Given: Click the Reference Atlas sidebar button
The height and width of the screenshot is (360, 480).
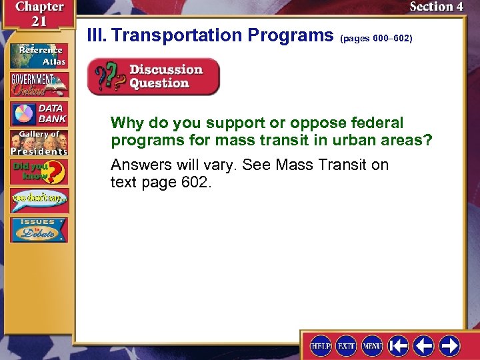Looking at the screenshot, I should (x=39, y=55).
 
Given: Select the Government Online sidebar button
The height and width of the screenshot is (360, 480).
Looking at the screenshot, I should (x=39, y=84).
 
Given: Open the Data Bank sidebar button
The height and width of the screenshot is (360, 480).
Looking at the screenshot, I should (x=39, y=114).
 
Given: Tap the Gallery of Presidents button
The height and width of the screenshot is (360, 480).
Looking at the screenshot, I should (x=39, y=142).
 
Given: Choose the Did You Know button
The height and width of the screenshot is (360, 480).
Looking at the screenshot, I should (x=39, y=172).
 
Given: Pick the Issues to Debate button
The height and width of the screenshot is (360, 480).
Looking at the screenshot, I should (x=39, y=229).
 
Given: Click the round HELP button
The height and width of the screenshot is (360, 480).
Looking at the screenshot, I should (x=321, y=345).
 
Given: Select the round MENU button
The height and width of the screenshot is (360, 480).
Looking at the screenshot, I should (x=371, y=345).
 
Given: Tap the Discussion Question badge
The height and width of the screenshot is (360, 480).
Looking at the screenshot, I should (x=153, y=77).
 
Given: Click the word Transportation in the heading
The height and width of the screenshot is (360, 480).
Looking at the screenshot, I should (x=177, y=35).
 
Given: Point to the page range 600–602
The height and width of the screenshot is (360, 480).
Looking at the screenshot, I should (x=376, y=39).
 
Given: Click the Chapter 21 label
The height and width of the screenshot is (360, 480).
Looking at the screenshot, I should (x=38, y=13).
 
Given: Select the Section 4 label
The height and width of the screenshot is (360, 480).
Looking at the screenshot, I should (x=436, y=7).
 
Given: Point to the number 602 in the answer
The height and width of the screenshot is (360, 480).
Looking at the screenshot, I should (x=194, y=181).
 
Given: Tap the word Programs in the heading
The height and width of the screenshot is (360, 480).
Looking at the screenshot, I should (x=290, y=35).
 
